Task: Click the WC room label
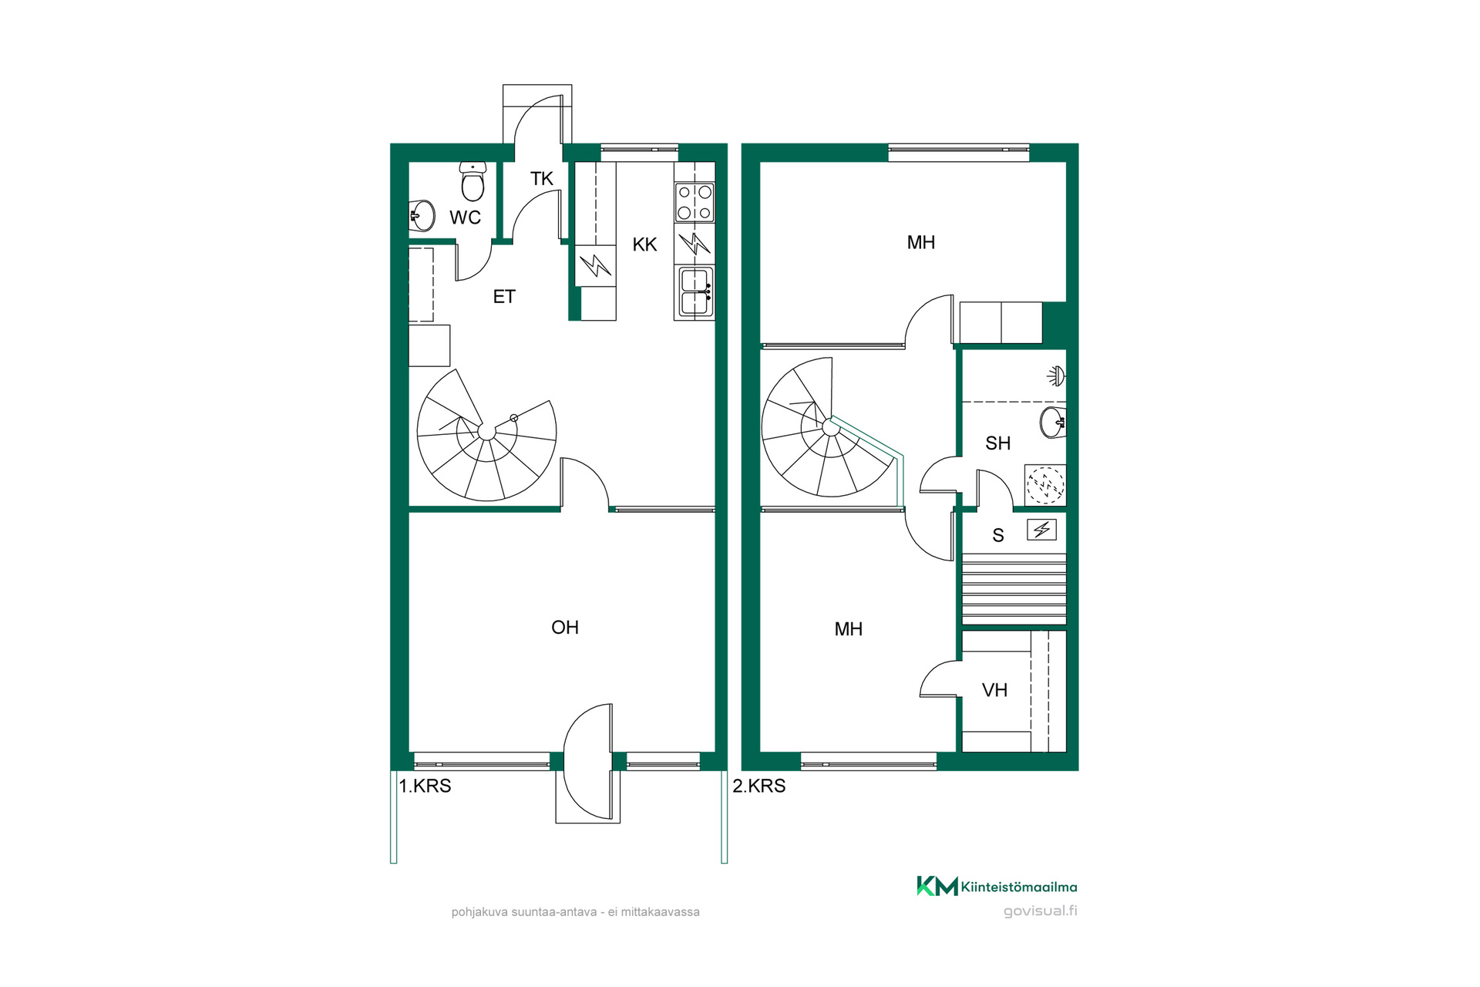(465, 217)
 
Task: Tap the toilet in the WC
(473, 180)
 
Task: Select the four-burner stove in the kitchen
(695, 202)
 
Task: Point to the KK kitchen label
(644, 244)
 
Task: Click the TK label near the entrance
(541, 179)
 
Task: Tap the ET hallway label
(503, 297)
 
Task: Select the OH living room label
(565, 628)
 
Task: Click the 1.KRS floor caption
(425, 786)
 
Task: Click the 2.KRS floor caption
(759, 786)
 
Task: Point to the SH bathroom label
(997, 443)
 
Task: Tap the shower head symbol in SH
(1057, 377)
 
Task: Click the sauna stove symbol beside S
(1041, 530)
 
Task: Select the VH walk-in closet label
(994, 690)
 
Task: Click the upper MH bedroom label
(920, 243)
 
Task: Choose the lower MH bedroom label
(848, 629)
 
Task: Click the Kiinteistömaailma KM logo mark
(937, 886)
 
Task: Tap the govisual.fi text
(1041, 911)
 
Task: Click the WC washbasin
(422, 215)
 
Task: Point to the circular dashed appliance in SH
(1045, 485)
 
